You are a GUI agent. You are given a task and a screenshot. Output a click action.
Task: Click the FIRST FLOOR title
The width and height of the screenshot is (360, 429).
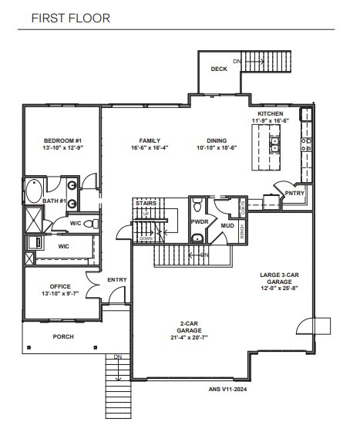tap(70, 17)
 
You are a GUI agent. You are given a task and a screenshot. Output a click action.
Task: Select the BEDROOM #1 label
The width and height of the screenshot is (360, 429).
tap(62, 140)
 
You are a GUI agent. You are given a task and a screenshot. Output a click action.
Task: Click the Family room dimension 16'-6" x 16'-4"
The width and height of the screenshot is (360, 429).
tap(144, 147)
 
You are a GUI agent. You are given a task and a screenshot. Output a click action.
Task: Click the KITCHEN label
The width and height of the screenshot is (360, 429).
tap(271, 114)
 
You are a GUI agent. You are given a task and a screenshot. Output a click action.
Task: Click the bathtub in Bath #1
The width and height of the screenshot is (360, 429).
tap(35, 190)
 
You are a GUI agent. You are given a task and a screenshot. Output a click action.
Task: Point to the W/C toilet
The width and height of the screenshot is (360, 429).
tap(89, 224)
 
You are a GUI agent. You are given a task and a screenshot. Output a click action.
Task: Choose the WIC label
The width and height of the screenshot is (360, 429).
tap(64, 246)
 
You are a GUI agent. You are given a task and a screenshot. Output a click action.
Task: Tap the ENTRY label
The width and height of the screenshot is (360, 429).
tap(117, 279)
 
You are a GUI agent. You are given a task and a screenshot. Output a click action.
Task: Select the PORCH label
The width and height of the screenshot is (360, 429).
tap(63, 336)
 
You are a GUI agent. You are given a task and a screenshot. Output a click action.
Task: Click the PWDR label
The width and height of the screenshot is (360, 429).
tap(200, 221)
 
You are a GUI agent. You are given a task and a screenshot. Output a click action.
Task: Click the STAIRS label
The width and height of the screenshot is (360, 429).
tap(146, 203)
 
